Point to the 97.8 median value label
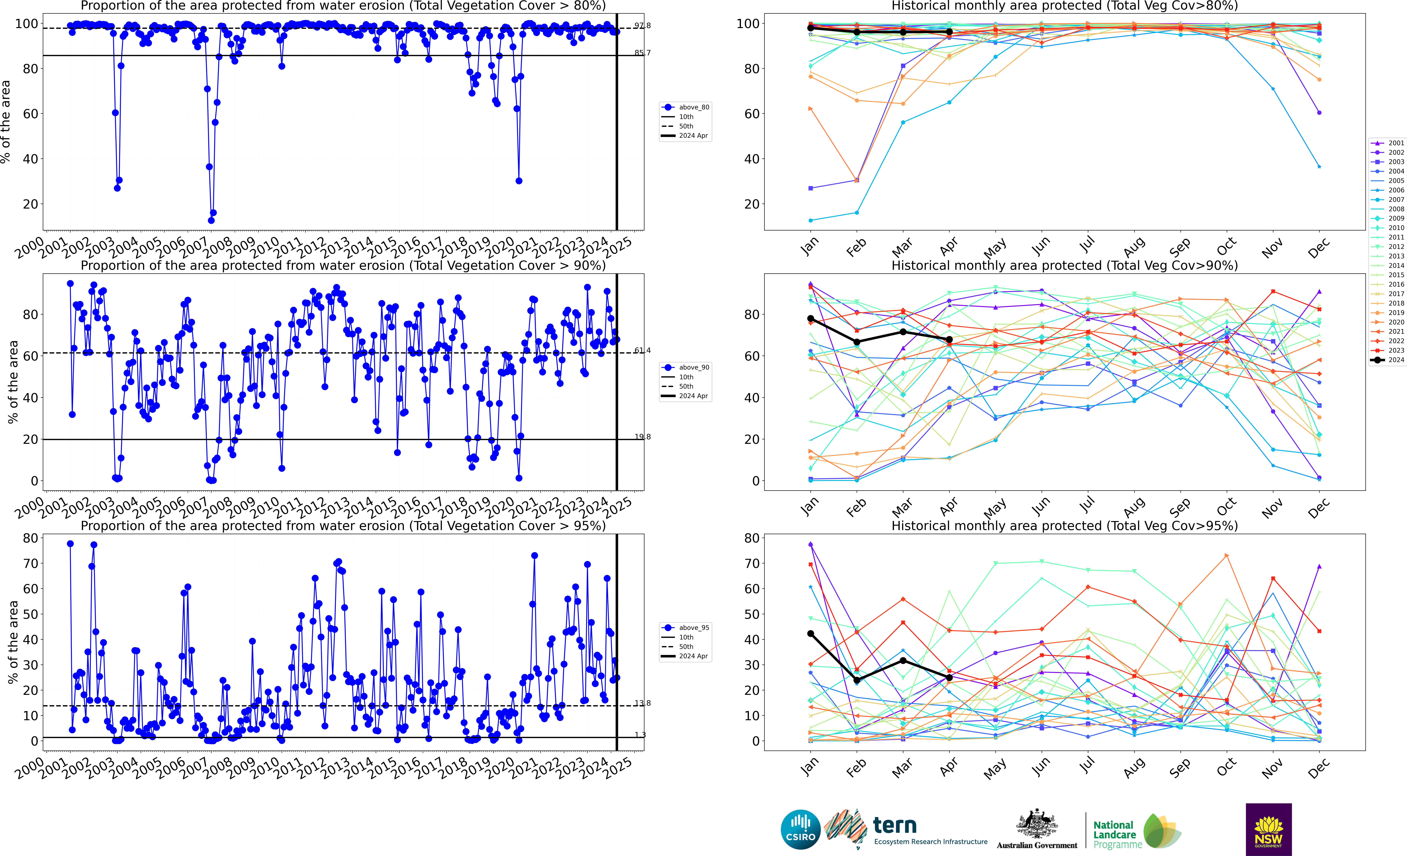(642, 26)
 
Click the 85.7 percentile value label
(642, 53)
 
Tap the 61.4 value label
(642, 350)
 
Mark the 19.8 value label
(642, 437)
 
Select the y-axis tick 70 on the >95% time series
(30, 563)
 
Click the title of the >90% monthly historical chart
(1064, 265)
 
